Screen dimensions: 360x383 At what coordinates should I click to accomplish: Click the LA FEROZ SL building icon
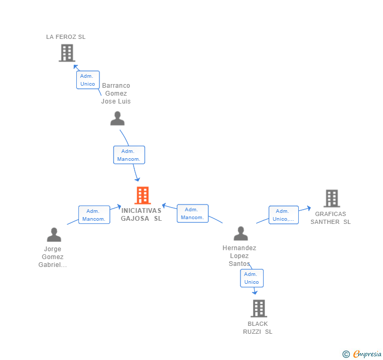67,53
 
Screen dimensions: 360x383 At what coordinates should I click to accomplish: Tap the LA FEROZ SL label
66,37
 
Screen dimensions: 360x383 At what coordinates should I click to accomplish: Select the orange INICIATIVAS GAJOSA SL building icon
143,196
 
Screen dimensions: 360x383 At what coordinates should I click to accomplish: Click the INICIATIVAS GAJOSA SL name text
141,214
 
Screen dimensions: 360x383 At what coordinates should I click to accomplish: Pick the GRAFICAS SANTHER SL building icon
331,199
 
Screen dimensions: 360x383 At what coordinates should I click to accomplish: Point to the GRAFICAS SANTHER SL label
330,218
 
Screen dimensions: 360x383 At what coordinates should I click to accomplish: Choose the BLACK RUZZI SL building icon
258,308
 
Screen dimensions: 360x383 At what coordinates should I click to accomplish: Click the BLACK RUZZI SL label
258,328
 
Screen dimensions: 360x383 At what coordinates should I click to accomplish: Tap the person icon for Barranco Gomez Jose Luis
117,119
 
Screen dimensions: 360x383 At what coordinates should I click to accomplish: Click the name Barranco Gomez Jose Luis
116,94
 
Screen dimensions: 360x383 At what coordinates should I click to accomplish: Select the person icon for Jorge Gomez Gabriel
54,235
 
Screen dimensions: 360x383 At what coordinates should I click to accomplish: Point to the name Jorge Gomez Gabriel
53,257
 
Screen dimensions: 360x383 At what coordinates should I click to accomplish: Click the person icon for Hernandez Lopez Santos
240,234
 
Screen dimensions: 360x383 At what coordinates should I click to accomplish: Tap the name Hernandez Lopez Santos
239,256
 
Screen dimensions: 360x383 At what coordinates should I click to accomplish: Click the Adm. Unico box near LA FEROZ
88,80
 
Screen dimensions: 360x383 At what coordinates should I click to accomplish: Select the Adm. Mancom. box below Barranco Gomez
129,155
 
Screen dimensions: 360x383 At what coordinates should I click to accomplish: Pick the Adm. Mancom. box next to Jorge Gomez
94,215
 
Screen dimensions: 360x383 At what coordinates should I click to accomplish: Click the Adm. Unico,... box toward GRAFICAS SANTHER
284,215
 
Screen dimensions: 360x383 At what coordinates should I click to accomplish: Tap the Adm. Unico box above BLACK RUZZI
251,278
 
